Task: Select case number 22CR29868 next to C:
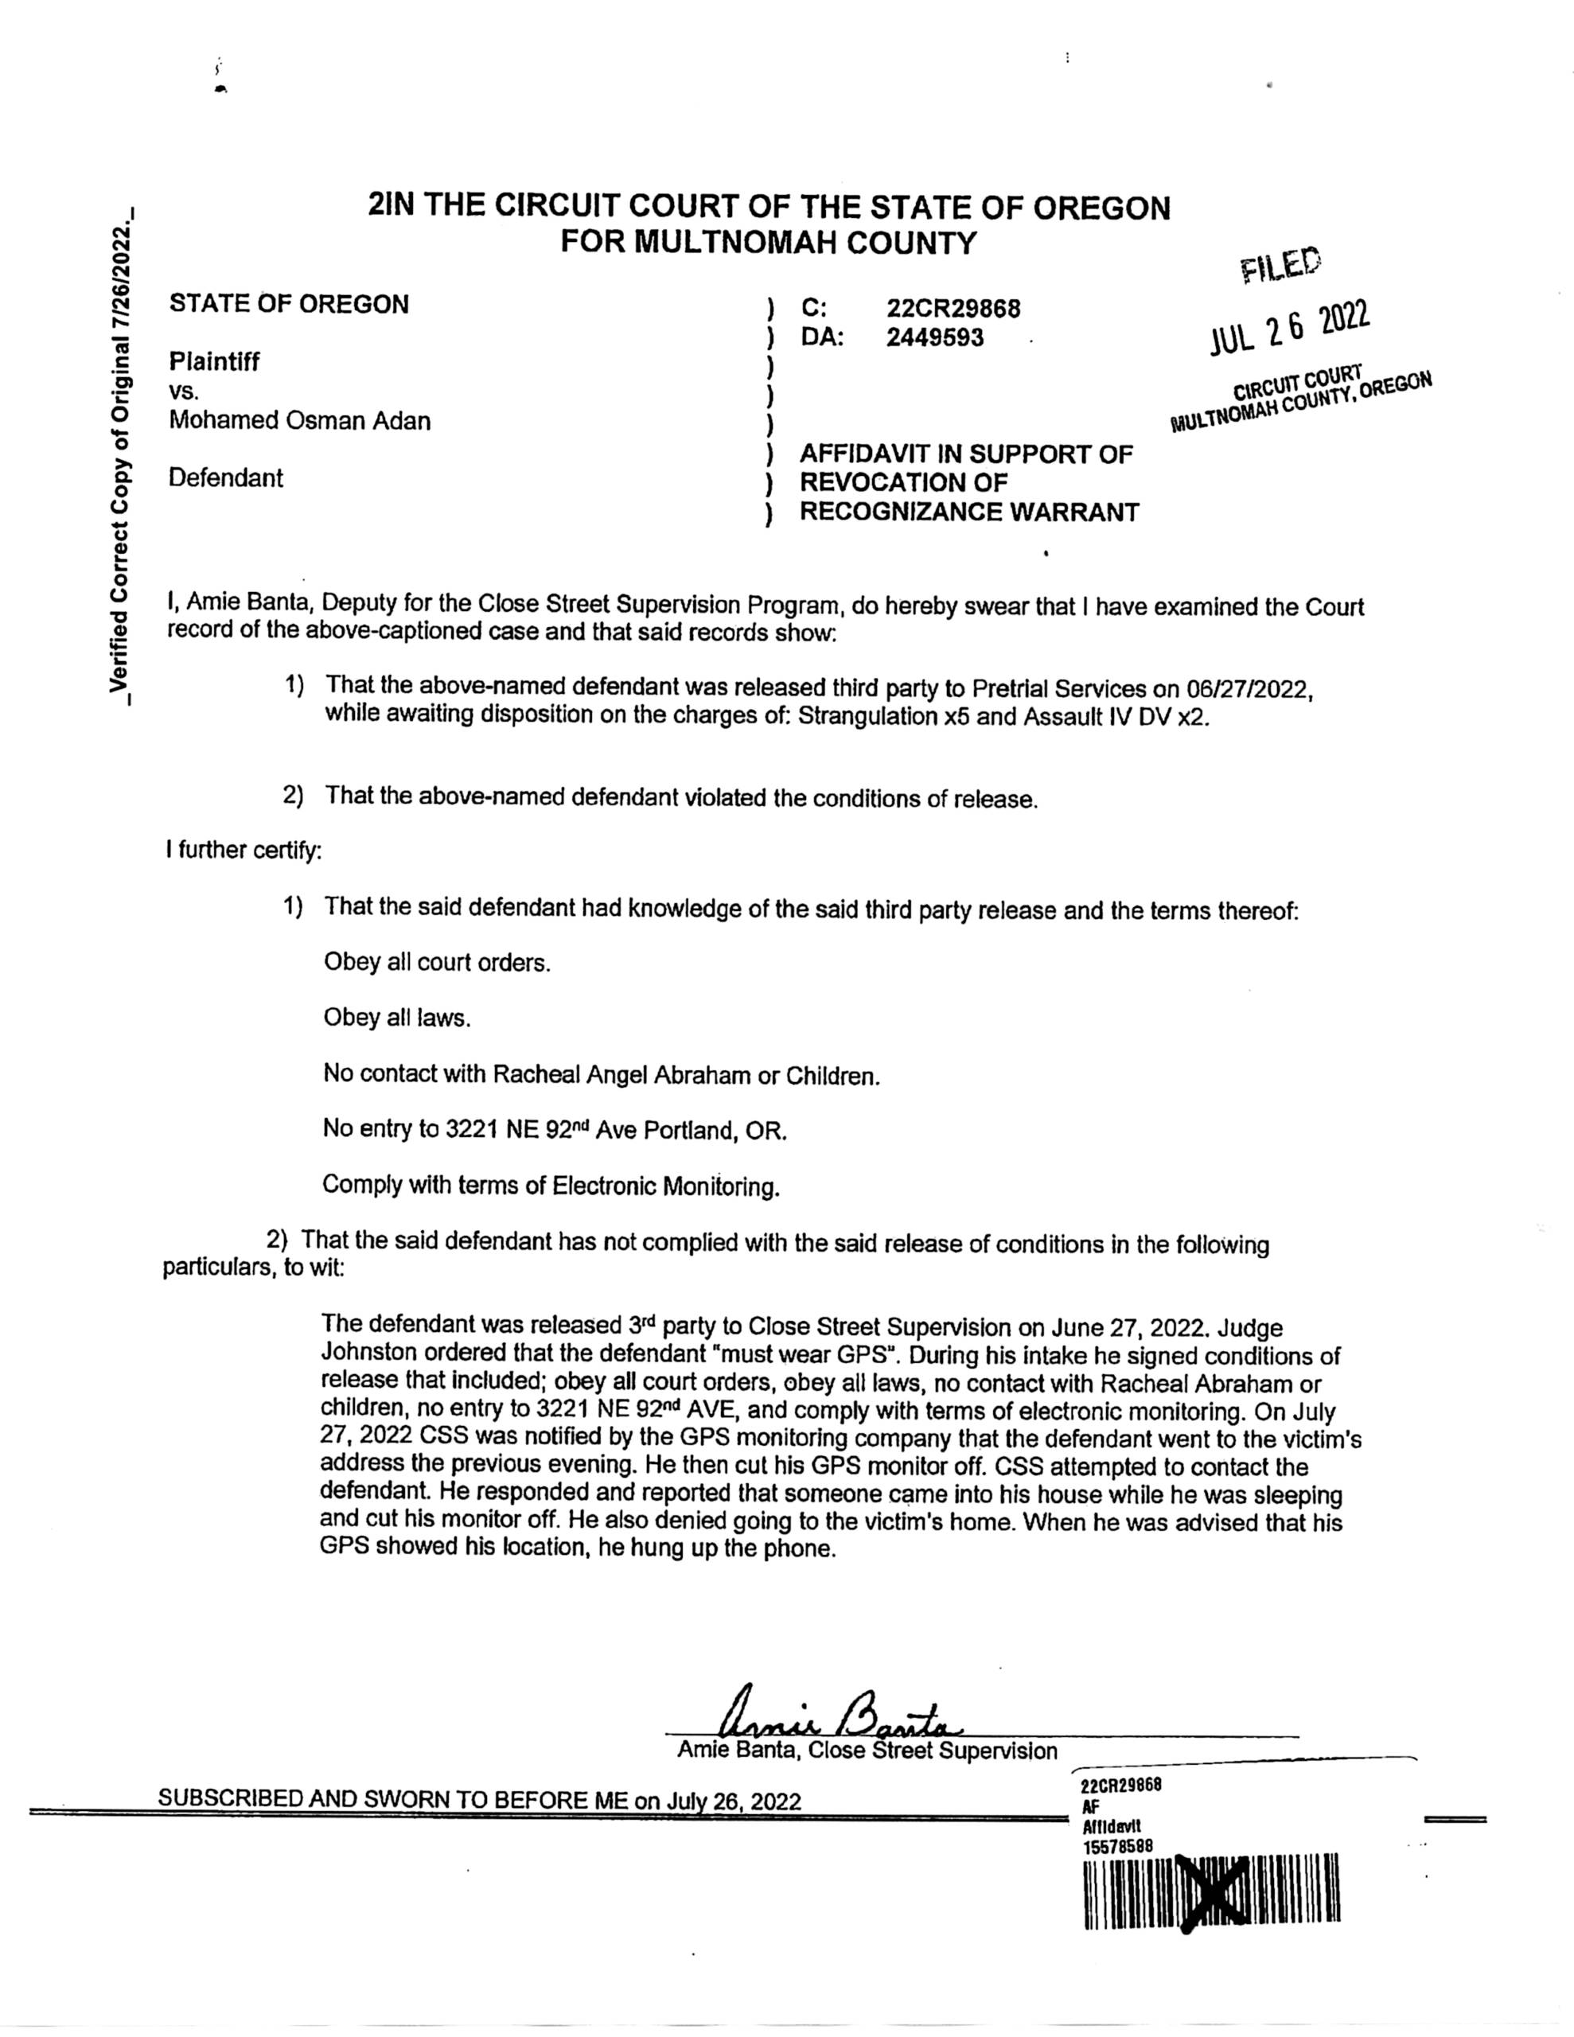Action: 953,308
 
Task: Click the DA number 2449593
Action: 934,337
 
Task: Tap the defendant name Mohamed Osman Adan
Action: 299,421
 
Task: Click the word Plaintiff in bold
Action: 215,361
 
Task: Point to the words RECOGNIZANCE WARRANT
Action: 968,512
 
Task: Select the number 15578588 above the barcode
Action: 1118,1846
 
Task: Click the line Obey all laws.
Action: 396,1018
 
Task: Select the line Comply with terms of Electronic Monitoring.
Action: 550,1186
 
